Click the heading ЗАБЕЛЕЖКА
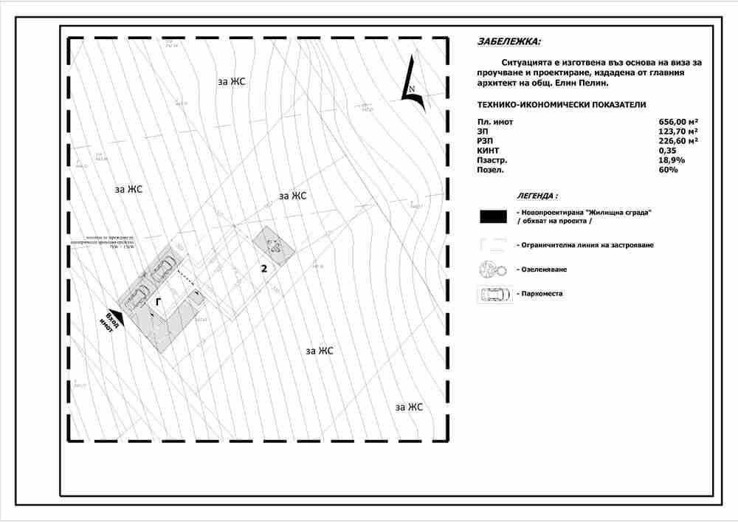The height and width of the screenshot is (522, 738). point(509,42)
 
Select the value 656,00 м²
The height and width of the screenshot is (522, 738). point(678,122)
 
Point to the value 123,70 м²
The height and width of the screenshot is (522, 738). point(678,131)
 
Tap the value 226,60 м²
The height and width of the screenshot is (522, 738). point(678,141)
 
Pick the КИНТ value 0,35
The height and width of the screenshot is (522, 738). point(668,151)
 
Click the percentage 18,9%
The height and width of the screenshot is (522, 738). point(672,160)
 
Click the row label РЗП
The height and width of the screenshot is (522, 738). point(486,141)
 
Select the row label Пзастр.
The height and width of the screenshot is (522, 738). point(492,160)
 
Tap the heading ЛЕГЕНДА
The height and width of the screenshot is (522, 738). point(537,196)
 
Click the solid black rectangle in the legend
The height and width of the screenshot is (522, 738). point(493,216)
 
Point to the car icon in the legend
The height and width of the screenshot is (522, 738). point(493,294)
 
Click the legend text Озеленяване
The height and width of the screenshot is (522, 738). point(547,269)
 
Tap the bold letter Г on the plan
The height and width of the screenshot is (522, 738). point(159,301)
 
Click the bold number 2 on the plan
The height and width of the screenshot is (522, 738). point(263,269)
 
